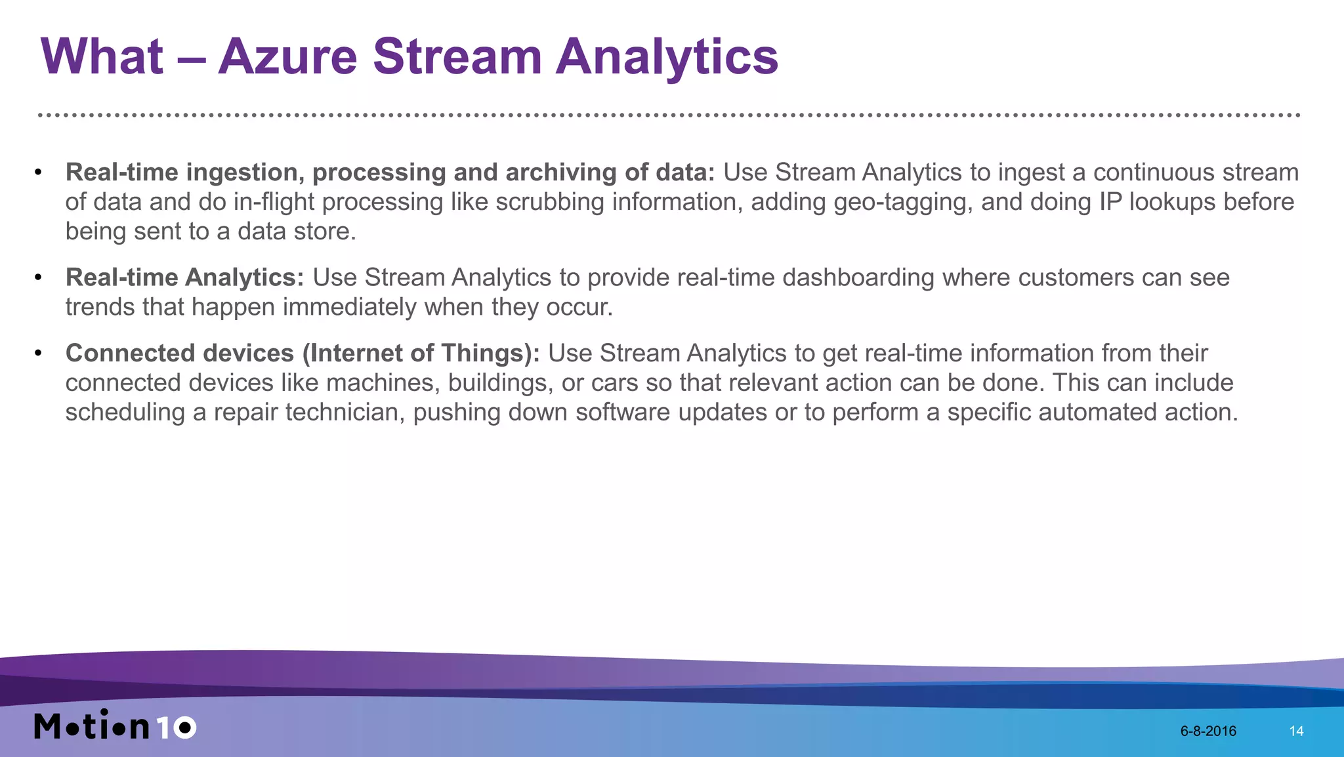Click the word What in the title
coord(102,56)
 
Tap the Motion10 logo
coord(115,726)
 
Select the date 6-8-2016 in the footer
coord(1208,731)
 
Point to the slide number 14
coord(1296,731)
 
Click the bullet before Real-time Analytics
coord(38,277)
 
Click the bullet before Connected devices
coord(38,354)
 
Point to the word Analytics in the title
coord(666,56)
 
